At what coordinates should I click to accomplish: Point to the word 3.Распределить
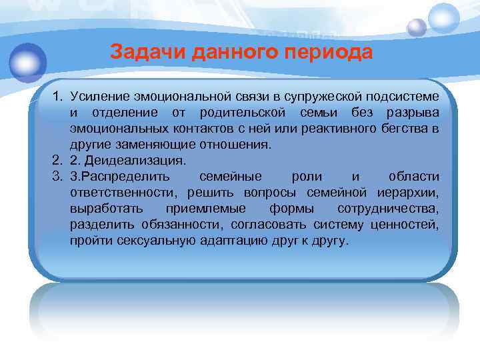coord(120,177)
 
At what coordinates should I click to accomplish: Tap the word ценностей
coord(409,225)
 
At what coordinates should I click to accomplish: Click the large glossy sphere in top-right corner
coord(444,18)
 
